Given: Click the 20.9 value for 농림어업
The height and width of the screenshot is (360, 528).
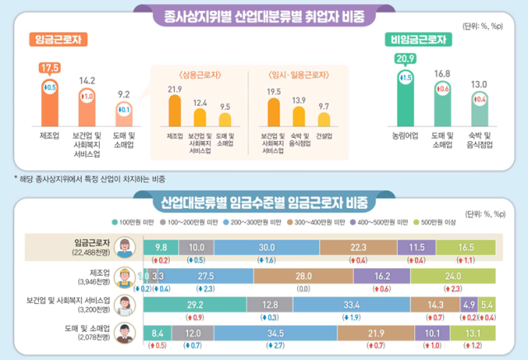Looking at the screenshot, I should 404,59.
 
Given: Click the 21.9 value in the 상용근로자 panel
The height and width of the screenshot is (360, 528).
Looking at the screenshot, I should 174,88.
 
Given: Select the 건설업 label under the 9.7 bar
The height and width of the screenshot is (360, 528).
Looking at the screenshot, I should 324,135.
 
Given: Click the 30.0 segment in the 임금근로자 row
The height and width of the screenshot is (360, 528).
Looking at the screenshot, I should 266,247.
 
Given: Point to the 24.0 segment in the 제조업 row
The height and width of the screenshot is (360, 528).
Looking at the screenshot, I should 451,276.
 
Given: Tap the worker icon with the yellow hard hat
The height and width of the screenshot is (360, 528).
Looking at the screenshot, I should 126,277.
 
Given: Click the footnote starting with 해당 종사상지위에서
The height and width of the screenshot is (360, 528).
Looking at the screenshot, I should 86,178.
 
